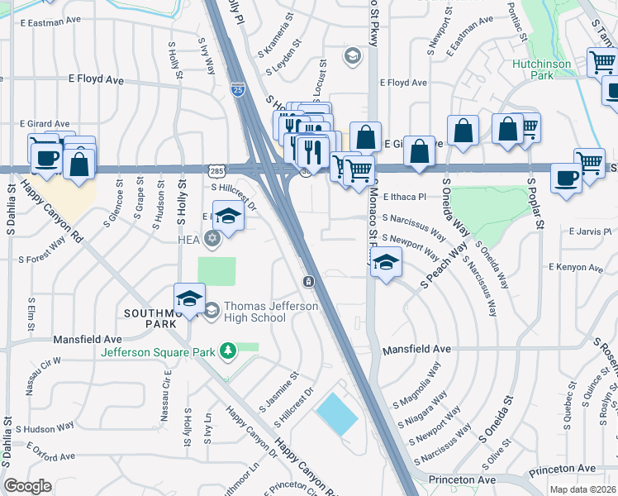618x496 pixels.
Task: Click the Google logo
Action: click(x=29, y=485)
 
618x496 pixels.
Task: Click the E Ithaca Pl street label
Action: click(x=402, y=197)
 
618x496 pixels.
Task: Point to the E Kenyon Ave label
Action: click(x=577, y=267)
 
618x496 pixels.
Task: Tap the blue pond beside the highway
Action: click(x=337, y=414)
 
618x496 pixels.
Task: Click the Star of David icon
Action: click(x=213, y=239)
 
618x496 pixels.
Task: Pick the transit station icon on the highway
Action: click(x=308, y=282)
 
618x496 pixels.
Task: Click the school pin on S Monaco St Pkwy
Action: click(x=384, y=263)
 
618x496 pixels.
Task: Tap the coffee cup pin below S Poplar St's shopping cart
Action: click(x=566, y=178)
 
